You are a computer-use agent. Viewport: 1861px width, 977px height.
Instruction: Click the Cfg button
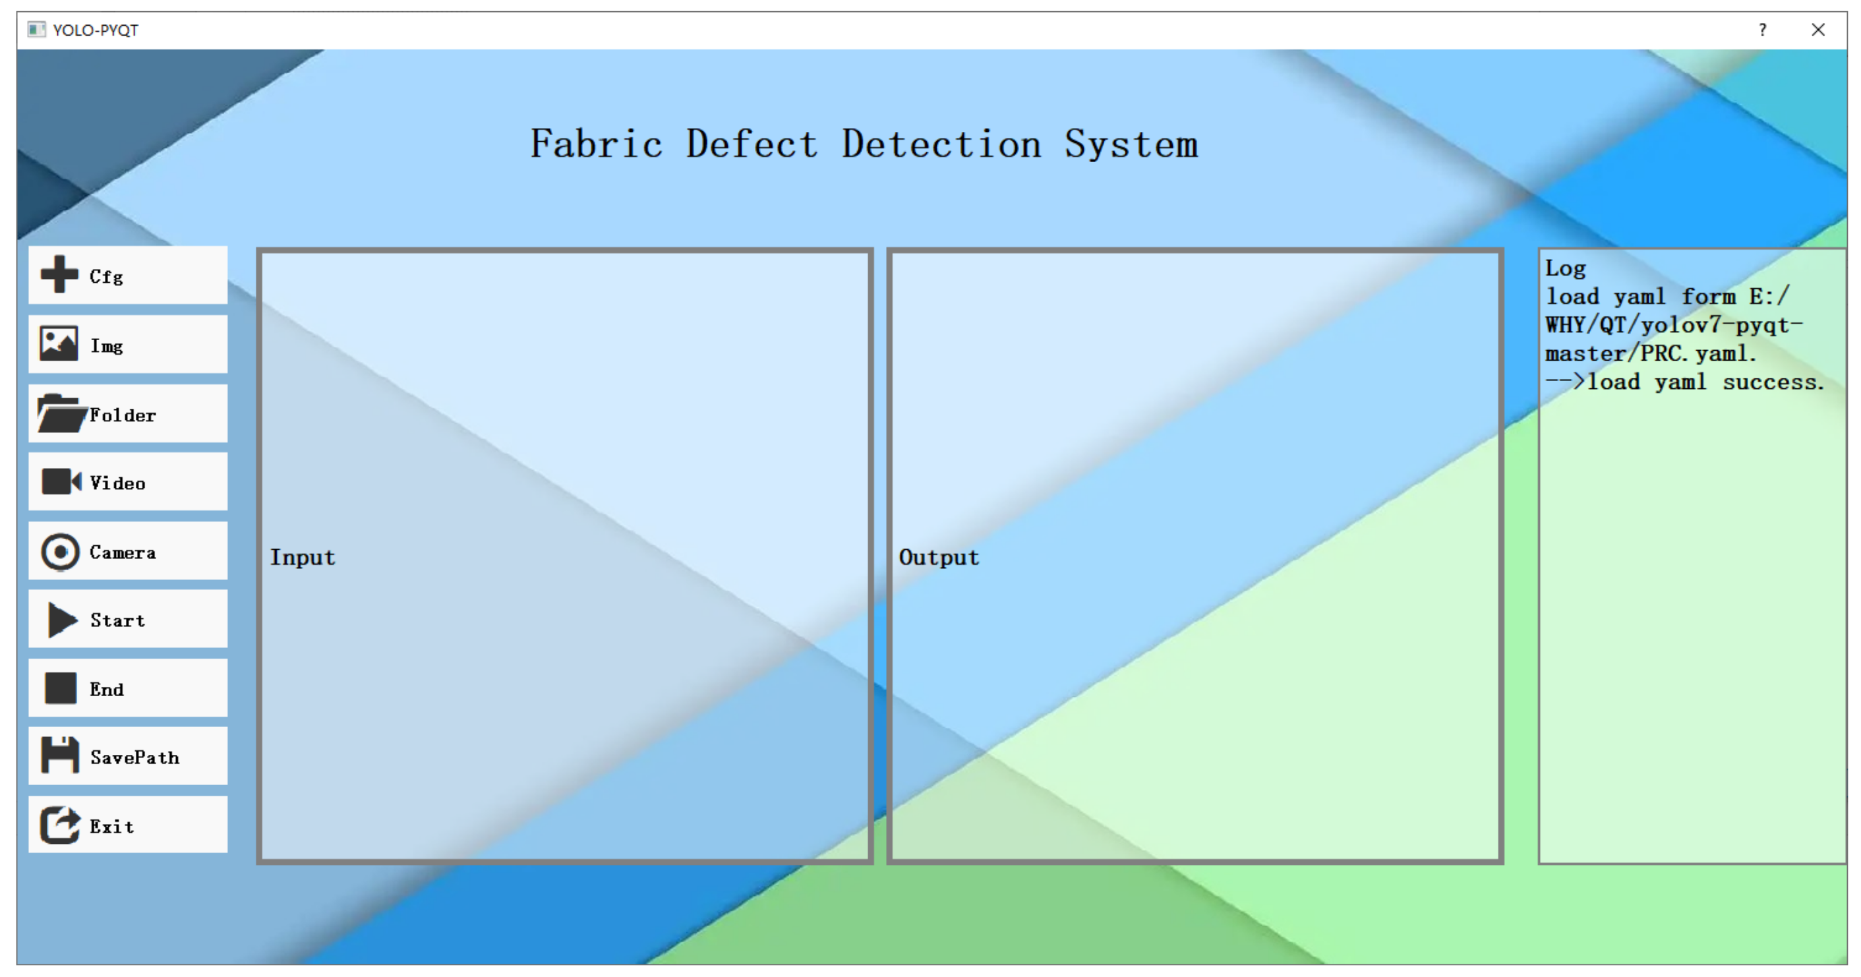pyautogui.click(x=128, y=276)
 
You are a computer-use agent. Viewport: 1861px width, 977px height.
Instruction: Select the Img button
pyautogui.click(x=128, y=345)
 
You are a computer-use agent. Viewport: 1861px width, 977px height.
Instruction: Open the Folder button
pyautogui.click(x=128, y=413)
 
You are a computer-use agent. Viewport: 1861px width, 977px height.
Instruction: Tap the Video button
pyautogui.click(x=128, y=482)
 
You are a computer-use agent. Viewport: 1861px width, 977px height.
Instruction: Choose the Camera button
pyautogui.click(x=128, y=551)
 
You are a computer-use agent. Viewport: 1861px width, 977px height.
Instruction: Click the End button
pyautogui.click(x=128, y=689)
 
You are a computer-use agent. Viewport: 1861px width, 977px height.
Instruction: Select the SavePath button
pyautogui.click(x=128, y=757)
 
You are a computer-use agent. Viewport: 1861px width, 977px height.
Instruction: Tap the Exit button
pyautogui.click(x=128, y=825)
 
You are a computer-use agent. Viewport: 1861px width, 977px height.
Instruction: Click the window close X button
pyautogui.click(x=1817, y=30)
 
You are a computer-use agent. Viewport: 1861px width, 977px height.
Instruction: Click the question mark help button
pyautogui.click(x=1763, y=30)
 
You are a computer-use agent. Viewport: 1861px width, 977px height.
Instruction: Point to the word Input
pyautogui.click(x=302, y=557)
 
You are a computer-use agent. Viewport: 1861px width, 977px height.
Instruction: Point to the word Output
pyautogui.click(x=939, y=557)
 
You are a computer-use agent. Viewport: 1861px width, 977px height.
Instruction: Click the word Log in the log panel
pyautogui.click(x=1565, y=268)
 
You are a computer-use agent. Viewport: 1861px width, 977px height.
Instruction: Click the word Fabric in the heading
pyautogui.click(x=596, y=144)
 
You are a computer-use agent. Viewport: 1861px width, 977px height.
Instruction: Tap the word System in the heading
pyautogui.click(x=1131, y=144)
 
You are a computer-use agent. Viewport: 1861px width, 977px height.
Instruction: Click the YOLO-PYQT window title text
pyautogui.click(x=96, y=30)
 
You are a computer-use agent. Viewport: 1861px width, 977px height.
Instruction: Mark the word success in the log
pyautogui.click(x=1773, y=382)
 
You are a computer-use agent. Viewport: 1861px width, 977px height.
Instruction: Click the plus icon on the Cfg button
pyautogui.click(x=59, y=275)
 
